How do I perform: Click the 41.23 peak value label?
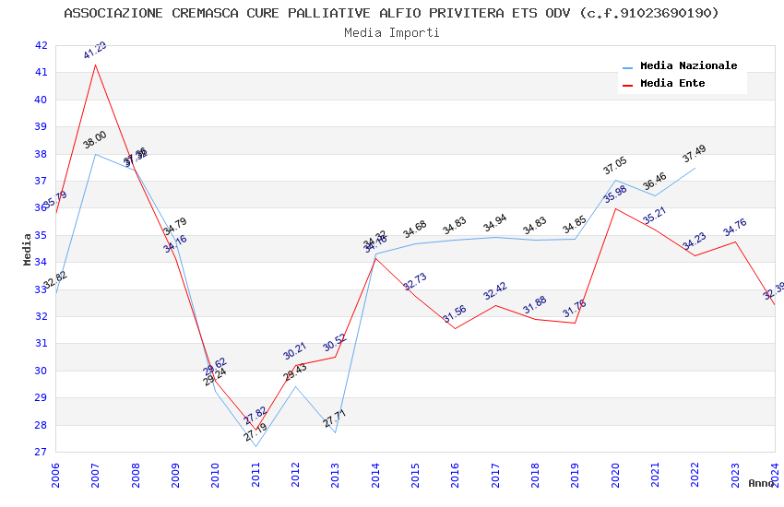95,50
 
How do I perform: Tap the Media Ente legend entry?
672,84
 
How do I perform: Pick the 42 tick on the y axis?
40,45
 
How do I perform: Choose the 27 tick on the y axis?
40,453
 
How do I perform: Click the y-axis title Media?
28,249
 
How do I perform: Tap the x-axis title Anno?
761,483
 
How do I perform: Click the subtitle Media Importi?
392,32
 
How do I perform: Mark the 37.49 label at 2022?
695,153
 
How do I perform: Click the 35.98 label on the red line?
615,194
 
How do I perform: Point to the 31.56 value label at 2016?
455,314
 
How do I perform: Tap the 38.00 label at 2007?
95,139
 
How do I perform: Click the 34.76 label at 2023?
735,228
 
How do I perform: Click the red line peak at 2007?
95,64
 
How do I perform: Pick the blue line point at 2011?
255,447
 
